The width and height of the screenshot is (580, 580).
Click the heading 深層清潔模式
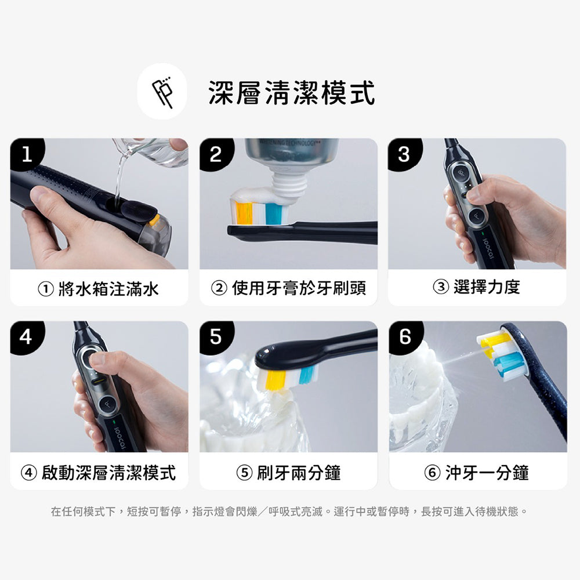(292, 92)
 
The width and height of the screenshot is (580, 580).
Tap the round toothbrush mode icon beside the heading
(162, 92)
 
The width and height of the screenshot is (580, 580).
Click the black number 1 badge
(27, 154)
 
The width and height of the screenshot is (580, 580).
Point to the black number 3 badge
(405, 154)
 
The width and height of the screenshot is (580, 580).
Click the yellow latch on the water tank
(154, 220)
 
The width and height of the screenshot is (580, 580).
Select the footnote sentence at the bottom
(289, 512)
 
